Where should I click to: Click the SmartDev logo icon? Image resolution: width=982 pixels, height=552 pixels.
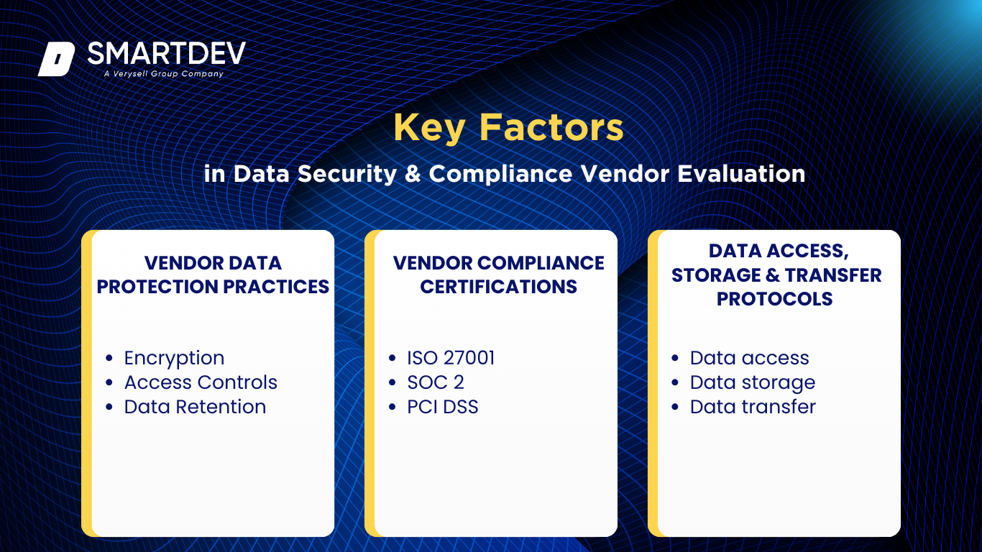tap(56, 59)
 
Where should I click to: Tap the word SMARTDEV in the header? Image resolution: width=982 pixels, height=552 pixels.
tap(166, 53)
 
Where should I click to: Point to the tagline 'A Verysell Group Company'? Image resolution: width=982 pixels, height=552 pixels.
tap(163, 73)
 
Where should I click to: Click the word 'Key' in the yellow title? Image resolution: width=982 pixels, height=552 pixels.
tap(429, 128)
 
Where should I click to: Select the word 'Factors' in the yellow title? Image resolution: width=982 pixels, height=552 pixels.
tap(551, 127)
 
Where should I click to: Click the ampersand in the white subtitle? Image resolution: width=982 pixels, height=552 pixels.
tap(413, 174)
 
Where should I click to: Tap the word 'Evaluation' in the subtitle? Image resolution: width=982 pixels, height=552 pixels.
tap(741, 174)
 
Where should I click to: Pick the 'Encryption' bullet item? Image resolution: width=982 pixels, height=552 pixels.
tap(174, 358)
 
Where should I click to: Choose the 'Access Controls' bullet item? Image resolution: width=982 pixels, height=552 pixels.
tap(201, 382)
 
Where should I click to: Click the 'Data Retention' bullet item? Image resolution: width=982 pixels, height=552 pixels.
tap(195, 407)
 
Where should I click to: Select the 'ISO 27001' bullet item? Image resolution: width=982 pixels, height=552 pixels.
tap(451, 358)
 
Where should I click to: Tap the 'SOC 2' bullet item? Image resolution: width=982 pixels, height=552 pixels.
tap(436, 382)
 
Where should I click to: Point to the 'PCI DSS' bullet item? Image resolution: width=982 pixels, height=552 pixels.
tap(442, 407)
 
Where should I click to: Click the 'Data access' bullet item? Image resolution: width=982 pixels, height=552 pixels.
tap(749, 358)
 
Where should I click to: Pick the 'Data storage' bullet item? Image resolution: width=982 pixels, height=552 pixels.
tap(752, 383)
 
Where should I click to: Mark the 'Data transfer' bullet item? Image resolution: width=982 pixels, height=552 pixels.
tap(753, 407)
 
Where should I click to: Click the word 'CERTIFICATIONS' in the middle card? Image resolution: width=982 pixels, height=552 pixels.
tap(498, 287)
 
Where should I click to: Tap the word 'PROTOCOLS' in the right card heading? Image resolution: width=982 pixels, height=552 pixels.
tap(775, 299)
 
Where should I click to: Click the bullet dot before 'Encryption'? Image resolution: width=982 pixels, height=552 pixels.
tap(109, 358)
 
